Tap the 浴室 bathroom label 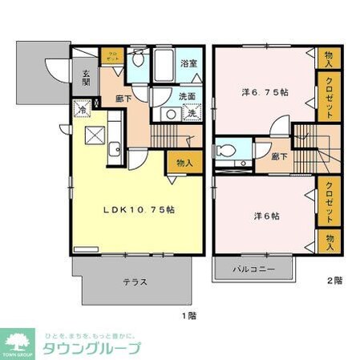pos(189,62)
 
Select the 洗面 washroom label pos(187,96)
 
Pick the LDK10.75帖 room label pos(139,209)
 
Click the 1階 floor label pos(187,317)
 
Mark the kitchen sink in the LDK pos(115,148)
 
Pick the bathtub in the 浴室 pos(164,64)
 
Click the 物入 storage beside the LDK pos(184,163)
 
